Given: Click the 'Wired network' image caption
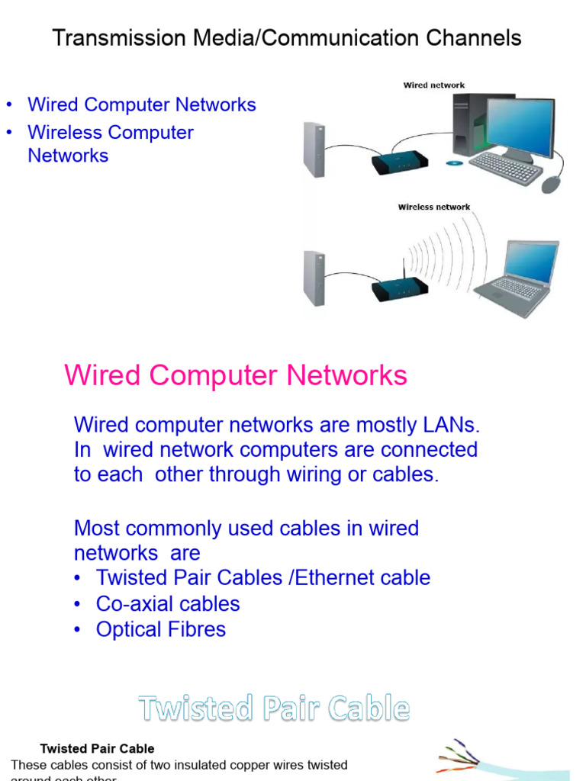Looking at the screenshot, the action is pos(433,85).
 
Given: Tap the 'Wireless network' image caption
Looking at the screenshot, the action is pos(433,207).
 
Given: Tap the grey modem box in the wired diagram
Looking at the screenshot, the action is pos(314,149).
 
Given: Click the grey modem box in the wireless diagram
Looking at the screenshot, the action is pos(314,279).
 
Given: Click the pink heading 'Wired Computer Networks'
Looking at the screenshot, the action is pos(236,375).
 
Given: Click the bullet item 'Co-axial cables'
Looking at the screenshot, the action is pos(167,604).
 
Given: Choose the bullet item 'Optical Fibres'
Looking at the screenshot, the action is pos(160,630).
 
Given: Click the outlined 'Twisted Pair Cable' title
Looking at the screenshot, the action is pos(274,709).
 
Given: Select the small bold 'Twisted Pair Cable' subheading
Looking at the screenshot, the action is pos(97,749).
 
